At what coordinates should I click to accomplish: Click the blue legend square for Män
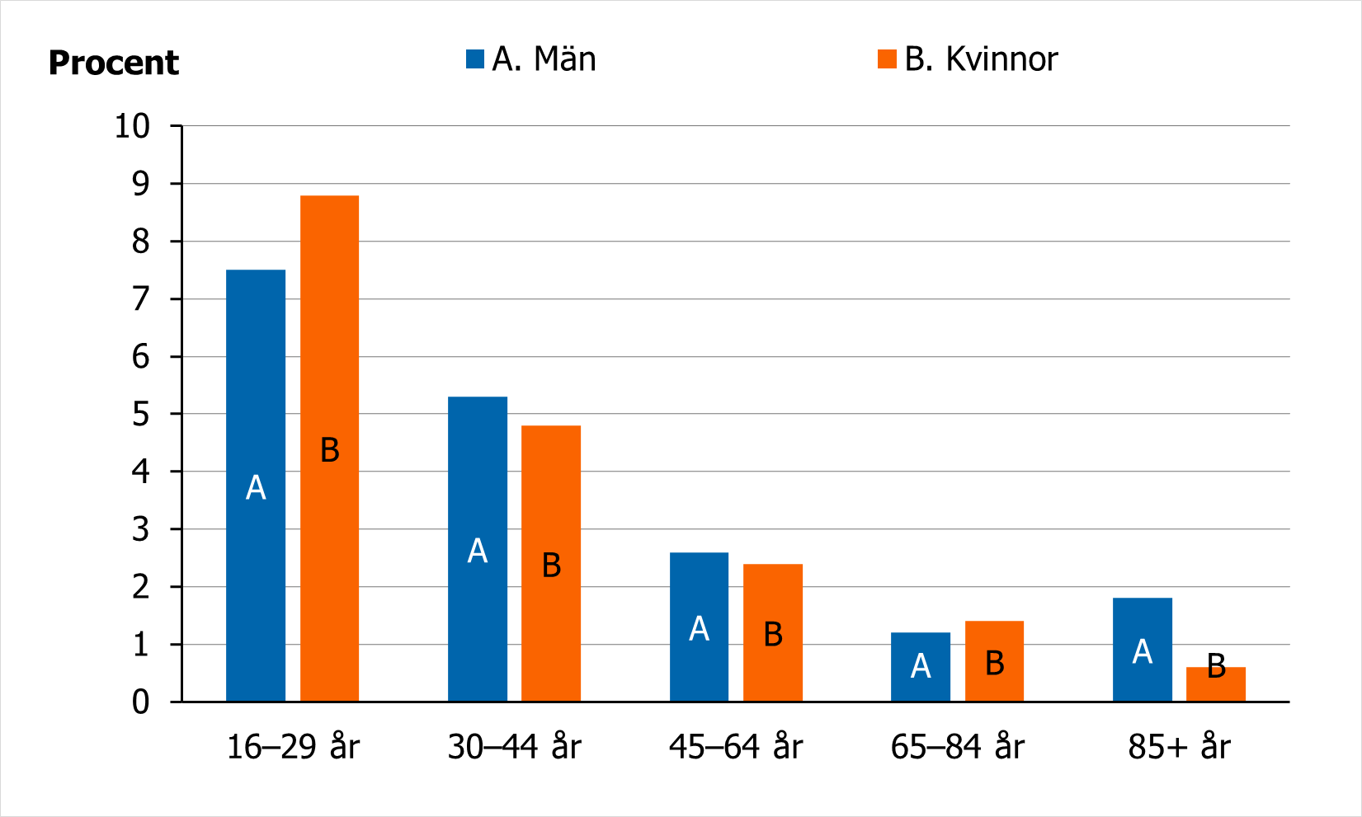coord(474,59)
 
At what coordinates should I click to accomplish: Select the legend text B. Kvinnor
coord(981,59)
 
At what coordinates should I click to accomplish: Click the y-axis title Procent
coord(114,63)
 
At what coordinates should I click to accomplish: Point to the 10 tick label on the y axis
coord(132,126)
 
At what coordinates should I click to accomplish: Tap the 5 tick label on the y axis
coord(141,414)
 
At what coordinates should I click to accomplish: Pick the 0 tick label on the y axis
coord(141,702)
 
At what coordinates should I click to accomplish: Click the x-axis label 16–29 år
coord(293,747)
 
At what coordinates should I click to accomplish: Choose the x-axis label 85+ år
coord(1179,747)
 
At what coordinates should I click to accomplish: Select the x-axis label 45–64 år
coord(736,747)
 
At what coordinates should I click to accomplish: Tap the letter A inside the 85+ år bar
coord(1143,651)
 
